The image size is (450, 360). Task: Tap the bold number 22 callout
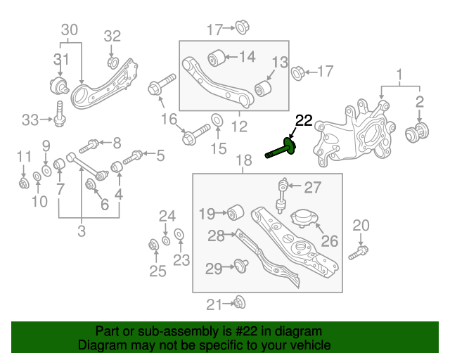(x=303, y=120)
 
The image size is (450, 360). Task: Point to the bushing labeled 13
(x=265, y=88)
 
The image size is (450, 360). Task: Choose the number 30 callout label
(x=70, y=30)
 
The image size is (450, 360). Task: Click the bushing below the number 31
(x=59, y=87)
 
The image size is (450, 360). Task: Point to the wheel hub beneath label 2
(x=419, y=131)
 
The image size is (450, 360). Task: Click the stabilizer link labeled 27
(x=282, y=195)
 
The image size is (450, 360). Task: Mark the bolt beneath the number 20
(x=361, y=249)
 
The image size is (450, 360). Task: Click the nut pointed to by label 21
(x=238, y=303)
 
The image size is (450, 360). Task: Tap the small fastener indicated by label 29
(x=242, y=266)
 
